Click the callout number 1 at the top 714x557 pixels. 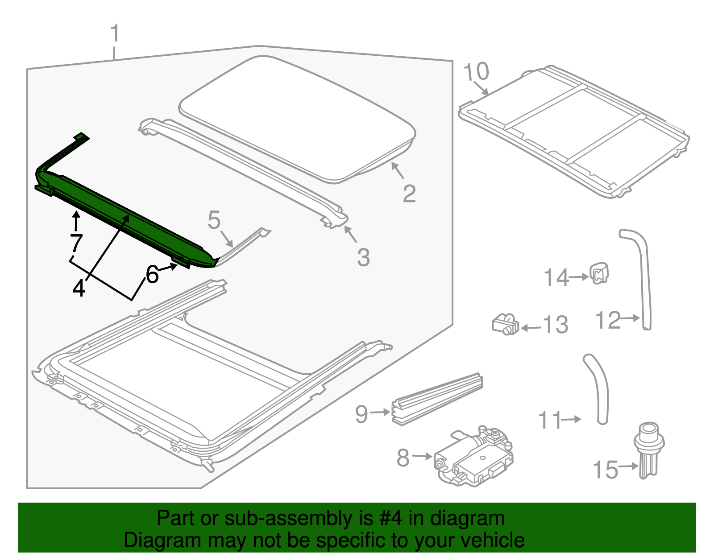[x=115, y=34]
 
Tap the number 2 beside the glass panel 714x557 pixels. [x=409, y=194]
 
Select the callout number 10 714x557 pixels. [x=476, y=71]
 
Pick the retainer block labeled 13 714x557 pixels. [x=505, y=324]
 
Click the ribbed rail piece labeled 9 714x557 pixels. [x=437, y=399]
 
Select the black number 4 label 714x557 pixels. [x=79, y=288]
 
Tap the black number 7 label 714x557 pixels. [x=76, y=243]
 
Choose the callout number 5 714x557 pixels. [x=214, y=220]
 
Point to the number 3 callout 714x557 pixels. [x=363, y=258]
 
